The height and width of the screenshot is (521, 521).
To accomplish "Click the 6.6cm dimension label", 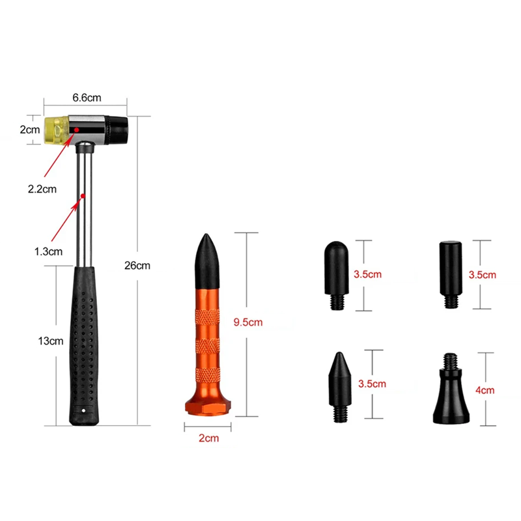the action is [87, 98].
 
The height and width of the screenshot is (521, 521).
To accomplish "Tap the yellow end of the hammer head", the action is [57, 130].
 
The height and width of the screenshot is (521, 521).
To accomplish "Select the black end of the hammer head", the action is [118, 130].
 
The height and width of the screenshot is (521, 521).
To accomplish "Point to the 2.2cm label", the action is [42, 189].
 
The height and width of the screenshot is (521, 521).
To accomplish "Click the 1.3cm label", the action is [48, 251].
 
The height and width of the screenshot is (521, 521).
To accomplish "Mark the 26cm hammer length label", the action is [137, 266].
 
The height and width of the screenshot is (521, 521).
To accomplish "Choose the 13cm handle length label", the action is [51, 341].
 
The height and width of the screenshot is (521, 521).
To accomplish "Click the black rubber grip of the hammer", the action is [84, 346].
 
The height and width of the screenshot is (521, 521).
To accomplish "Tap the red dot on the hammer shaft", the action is [83, 196].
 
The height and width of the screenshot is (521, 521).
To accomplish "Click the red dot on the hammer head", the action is [76, 129].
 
